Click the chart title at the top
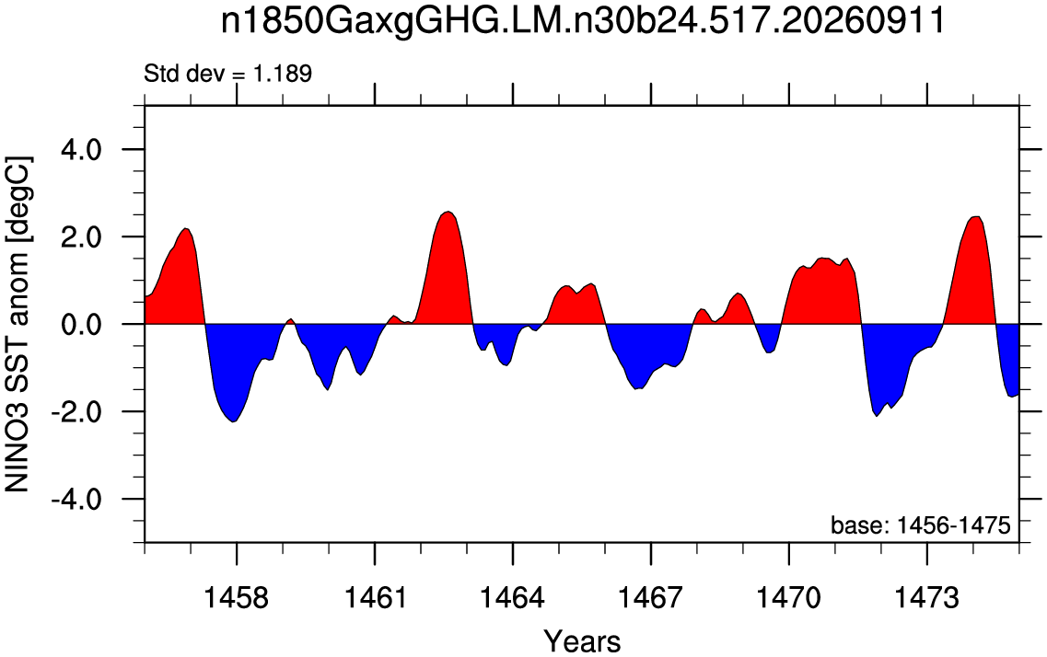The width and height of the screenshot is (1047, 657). click(583, 21)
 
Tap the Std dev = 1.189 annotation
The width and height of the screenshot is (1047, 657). click(228, 74)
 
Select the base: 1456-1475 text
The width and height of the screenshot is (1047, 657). click(921, 525)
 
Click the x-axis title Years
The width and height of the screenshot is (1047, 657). click(582, 641)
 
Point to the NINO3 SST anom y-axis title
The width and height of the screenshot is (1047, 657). click(18, 324)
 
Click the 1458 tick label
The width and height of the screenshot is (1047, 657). click(237, 597)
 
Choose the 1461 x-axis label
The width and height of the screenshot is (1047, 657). click(375, 597)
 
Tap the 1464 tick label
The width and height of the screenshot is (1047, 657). click(513, 597)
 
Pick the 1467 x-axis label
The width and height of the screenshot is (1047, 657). click(651, 597)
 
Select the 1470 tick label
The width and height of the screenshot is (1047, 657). click(788, 597)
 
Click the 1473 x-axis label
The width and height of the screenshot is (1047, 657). click(926, 597)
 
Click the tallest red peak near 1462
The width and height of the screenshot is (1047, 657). click(448, 213)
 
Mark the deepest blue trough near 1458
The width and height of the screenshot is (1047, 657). click(232, 421)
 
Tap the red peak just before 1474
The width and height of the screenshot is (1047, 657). click(976, 217)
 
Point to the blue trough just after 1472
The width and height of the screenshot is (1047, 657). click(877, 416)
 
